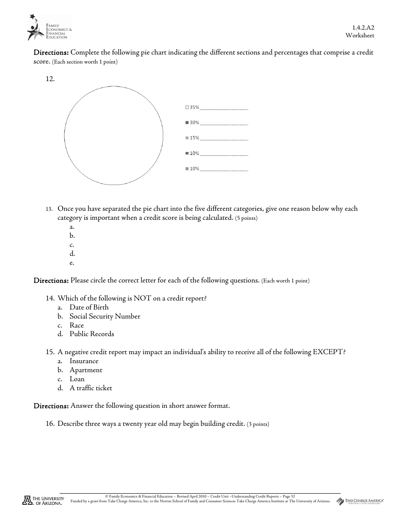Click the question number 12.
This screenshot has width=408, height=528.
tap(50, 79)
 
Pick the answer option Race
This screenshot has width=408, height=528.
tap(76, 325)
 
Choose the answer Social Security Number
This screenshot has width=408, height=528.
tap(105, 316)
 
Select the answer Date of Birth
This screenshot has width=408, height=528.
tap(89, 307)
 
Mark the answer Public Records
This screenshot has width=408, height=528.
tap(91, 334)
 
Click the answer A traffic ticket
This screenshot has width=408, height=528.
tap(91, 388)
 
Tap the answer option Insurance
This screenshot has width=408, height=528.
tap(84, 361)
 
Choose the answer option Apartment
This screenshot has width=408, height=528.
tap(86, 370)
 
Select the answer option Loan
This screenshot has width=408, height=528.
tap(77, 379)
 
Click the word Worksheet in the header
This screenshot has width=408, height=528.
tap(360, 36)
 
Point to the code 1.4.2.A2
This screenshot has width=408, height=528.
tap(363, 27)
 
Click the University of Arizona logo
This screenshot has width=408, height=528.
tap(43, 501)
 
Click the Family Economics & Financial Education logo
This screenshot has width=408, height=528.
tap(48, 28)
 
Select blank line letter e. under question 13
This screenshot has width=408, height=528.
tap(72, 263)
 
